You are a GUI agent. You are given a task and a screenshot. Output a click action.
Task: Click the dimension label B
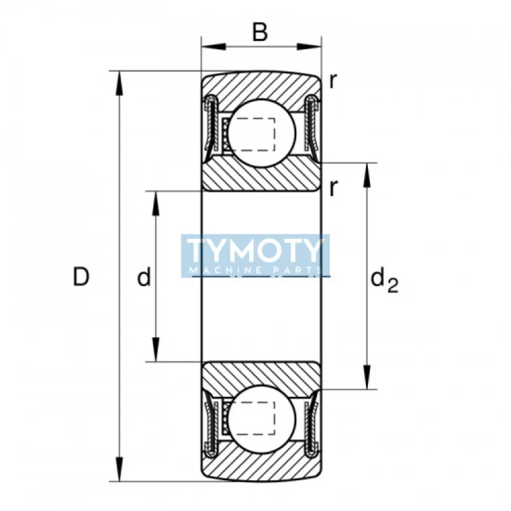pos(260,32)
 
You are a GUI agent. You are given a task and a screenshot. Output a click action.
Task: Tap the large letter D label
pos(81,277)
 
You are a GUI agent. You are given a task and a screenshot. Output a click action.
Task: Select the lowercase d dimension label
pos(144,277)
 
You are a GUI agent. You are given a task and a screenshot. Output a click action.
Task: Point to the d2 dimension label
pos(385,280)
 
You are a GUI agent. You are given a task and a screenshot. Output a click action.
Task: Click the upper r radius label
pos(333,81)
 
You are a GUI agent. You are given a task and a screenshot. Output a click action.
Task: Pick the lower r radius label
pos(333,188)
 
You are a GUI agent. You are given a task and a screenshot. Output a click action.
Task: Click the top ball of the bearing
pos(262,133)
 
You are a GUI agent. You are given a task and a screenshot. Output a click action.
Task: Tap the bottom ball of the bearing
pos(262,420)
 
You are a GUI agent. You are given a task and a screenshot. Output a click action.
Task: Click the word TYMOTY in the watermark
pos(255,250)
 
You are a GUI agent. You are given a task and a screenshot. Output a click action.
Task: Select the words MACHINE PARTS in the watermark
pos(255,270)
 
